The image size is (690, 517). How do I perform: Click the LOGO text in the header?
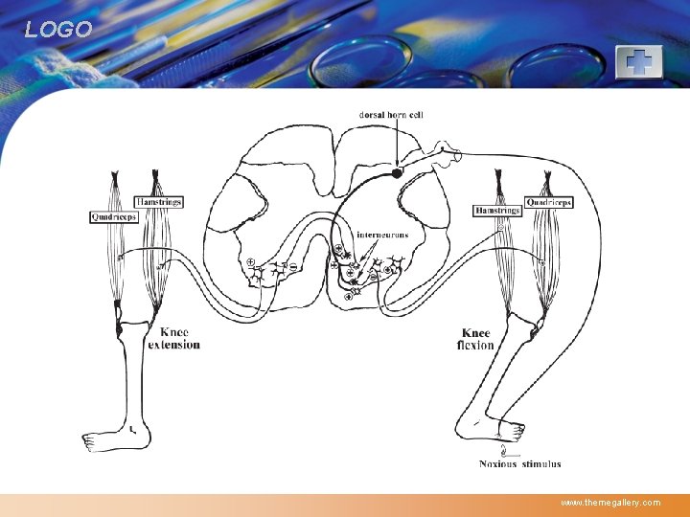coord(58,30)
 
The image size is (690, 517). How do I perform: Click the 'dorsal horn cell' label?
coord(391,114)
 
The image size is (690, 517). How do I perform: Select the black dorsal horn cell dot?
coord(397,173)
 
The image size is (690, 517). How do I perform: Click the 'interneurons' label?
coord(382,235)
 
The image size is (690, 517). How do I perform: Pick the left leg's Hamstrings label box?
coord(158,202)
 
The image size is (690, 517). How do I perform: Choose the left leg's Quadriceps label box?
coord(114,217)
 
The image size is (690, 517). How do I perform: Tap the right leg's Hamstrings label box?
coord(497,210)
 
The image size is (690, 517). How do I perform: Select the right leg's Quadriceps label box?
coord(549,203)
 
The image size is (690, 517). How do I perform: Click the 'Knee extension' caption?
coord(174,338)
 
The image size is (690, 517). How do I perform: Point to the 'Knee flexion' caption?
coord(475,339)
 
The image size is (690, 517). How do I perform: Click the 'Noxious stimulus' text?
coord(520,464)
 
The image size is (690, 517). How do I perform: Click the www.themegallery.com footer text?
coord(610,502)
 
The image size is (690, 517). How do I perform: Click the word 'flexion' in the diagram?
coord(475,345)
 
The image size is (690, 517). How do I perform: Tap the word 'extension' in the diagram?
coord(174,345)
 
